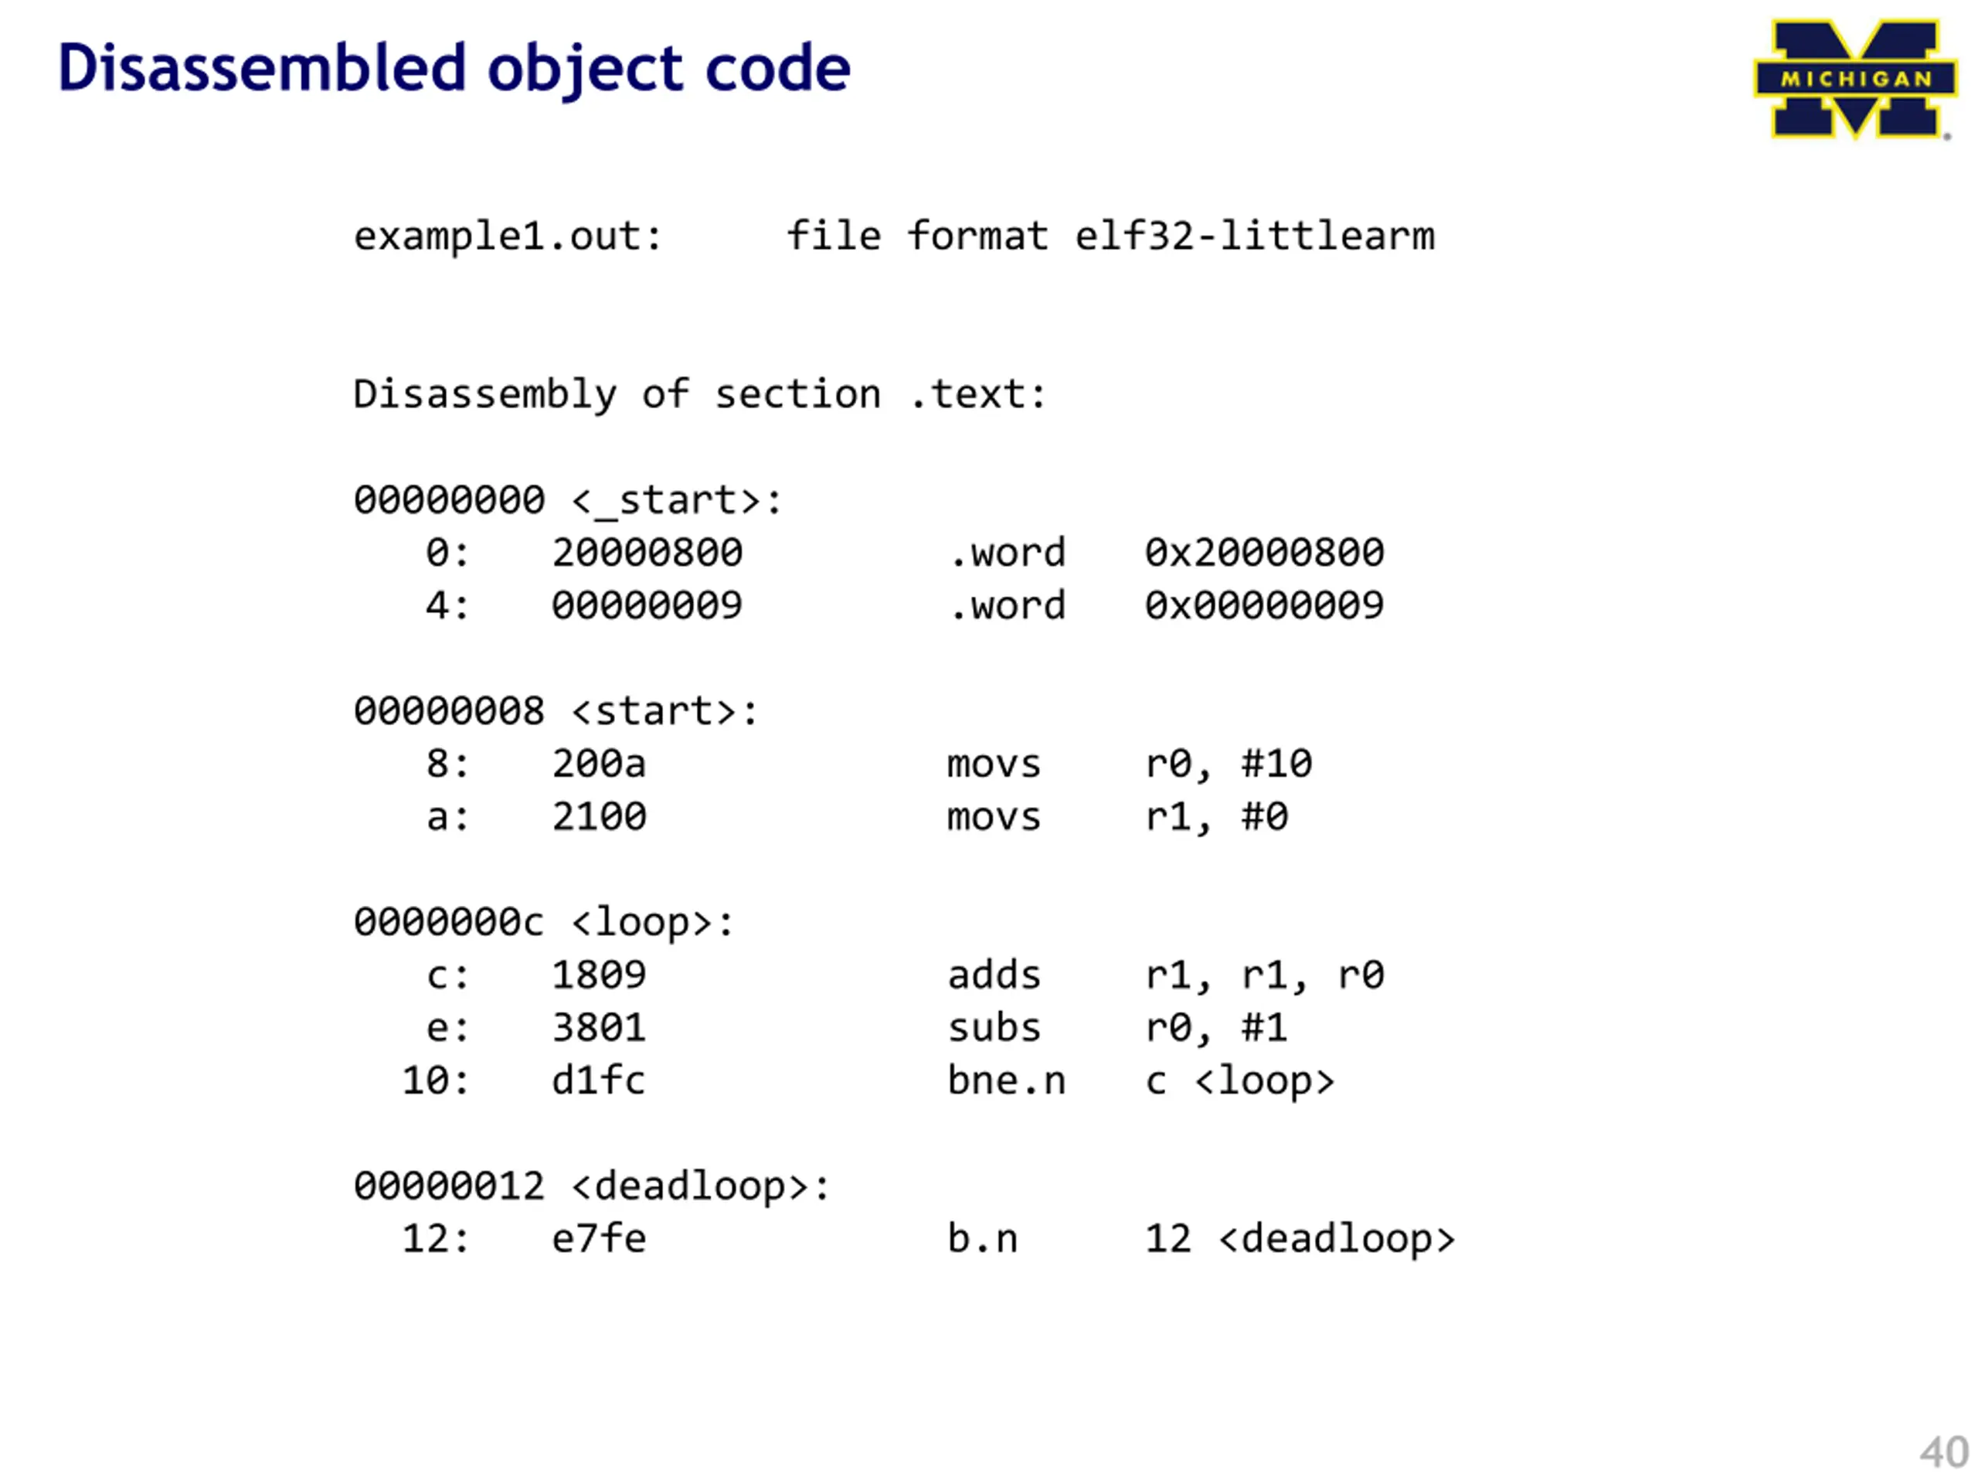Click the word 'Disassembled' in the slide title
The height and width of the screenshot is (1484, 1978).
[x=262, y=69]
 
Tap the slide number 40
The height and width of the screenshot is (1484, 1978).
[x=1943, y=1452]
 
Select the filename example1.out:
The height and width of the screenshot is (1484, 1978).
[x=508, y=237]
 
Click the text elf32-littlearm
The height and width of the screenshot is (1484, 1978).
[x=1254, y=237]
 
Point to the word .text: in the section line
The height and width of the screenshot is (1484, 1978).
[x=977, y=394]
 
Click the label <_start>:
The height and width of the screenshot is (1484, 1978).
[x=677, y=500]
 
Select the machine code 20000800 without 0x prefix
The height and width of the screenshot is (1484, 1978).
[x=647, y=553]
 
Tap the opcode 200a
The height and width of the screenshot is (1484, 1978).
[x=598, y=764]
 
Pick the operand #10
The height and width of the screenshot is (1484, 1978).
[x=1276, y=764]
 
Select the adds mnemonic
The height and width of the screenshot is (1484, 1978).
[x=994, y=975]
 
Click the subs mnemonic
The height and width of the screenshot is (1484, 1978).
[x=994, y=1028]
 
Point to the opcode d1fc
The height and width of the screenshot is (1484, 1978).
[x=598, y=1081]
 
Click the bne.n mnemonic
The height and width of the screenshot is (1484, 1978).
[x=1006, y=1081]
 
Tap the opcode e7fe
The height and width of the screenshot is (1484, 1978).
[x=598, y=1239]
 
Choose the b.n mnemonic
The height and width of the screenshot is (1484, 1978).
[x=982, y=1239]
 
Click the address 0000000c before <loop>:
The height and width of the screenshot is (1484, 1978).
[x=448, y=922]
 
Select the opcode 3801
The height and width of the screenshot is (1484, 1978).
[x=598, y=1028]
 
